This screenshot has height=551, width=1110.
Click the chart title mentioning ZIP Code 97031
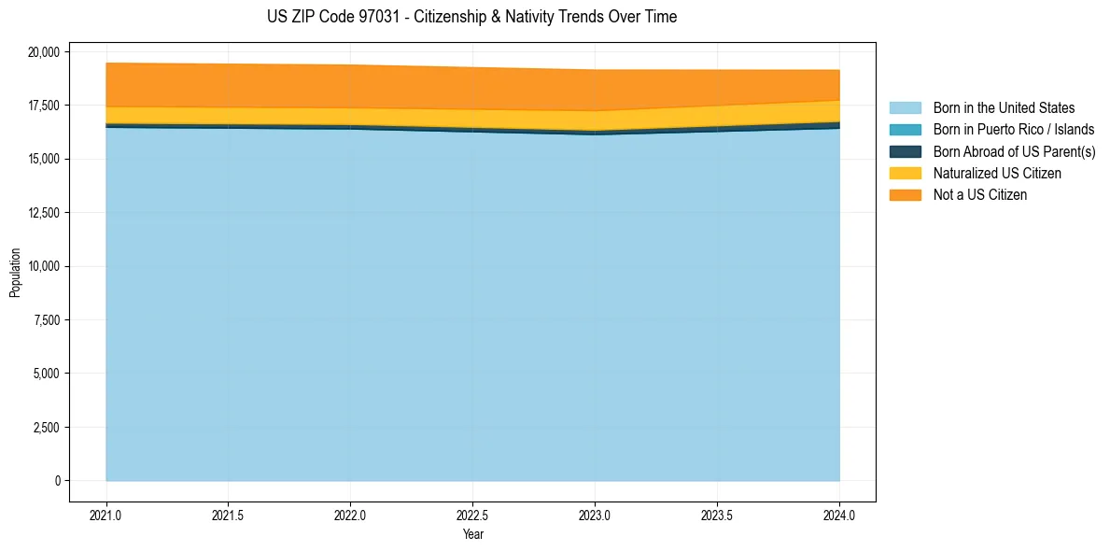click(471, 17)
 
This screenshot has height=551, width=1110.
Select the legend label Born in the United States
click(1004, 108)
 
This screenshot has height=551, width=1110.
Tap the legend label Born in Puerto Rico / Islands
click(1014, 130)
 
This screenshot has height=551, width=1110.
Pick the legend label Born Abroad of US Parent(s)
click(1014, 151)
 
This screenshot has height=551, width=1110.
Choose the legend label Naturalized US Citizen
click(997, 174)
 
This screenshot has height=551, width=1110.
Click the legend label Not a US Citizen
click(980, 195)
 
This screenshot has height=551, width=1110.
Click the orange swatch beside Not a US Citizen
click(905, 195)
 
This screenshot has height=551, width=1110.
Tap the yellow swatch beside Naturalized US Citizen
click(905, 174)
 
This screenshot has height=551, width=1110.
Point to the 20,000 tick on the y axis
click(43, 51)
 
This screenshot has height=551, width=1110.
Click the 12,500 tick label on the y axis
click(43, 213)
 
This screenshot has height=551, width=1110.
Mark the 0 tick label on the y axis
click(57, 481)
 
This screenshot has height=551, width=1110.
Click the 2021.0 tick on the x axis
click(106, 515)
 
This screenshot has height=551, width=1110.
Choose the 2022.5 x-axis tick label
click(472, 515)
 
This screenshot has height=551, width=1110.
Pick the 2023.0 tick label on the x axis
click(595, 515)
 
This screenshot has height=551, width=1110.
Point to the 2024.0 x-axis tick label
click(839, 515)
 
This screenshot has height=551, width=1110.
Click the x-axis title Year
click(472, 534)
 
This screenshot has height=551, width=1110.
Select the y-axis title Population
click(15, 273)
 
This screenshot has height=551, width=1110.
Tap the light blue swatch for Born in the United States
click(905, 108)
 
